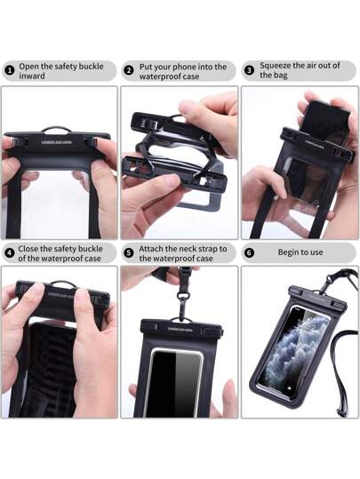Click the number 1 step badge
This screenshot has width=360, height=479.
10,71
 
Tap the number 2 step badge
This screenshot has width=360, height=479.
129,70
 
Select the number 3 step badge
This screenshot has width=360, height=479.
250,70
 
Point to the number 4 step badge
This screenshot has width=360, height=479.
10,253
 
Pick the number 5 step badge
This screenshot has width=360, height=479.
129,253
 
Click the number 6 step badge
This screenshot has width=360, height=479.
250,253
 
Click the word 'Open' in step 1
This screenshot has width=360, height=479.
28,67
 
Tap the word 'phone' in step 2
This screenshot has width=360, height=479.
176,67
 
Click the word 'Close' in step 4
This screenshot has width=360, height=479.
28,249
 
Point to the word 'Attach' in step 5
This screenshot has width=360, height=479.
151,249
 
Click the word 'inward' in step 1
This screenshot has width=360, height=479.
32,76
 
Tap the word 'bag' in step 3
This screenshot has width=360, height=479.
281,76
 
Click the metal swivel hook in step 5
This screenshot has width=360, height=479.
183,300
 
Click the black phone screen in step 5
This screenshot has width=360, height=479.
177,383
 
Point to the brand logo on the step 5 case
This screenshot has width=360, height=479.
180,330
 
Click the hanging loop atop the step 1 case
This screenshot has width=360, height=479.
57,129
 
